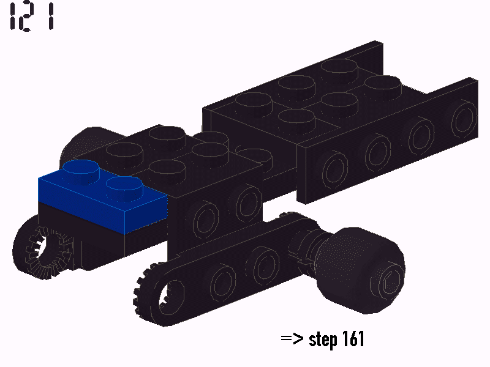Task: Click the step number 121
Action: click(31, 17)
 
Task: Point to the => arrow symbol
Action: click(293, 339)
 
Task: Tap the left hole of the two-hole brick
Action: click(203, 217)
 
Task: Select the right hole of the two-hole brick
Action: click(246, 202)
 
